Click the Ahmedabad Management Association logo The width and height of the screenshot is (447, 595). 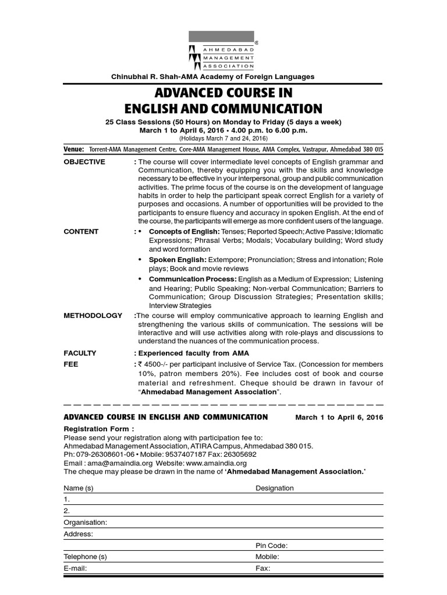223,51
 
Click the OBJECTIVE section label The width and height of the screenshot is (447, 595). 84,162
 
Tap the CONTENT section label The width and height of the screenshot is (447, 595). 81,231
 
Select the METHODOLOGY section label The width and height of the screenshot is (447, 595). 93,316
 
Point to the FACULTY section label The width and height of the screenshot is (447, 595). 80,353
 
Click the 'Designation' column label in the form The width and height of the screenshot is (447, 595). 275,488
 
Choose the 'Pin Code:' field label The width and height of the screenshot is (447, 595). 272,546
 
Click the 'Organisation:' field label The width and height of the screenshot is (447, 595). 86,522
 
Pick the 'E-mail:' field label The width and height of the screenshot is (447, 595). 75,568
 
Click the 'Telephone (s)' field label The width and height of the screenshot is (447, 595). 86,557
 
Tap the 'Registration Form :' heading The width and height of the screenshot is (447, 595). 94,429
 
